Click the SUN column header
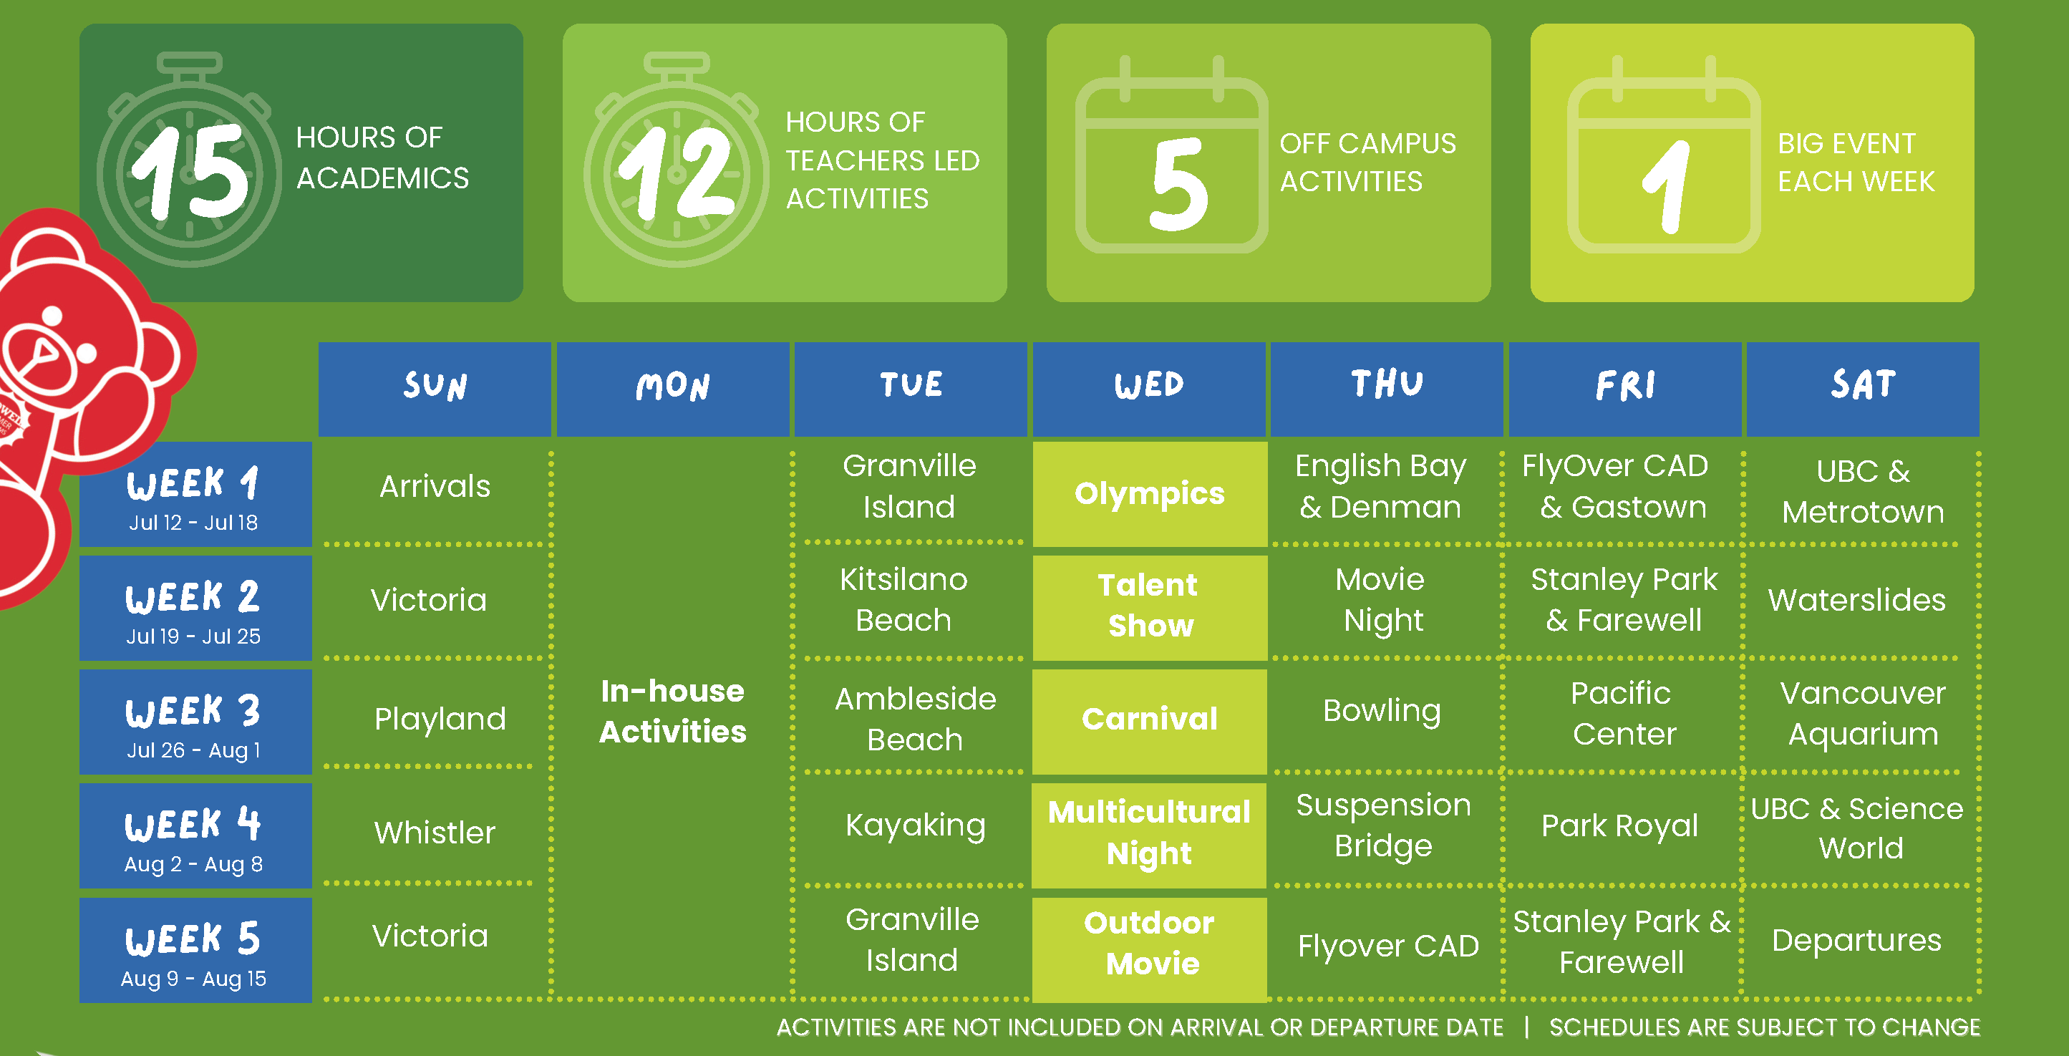(435, 389)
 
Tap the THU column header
(1386, 389)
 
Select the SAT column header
(1863, 389)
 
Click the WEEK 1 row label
(195, 494)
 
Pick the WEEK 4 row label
(195, 835)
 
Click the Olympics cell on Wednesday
(1149, 494)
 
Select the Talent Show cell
(1149, 608)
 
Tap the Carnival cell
(1149, 721)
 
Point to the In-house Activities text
(673, 711)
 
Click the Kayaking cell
(916, 826)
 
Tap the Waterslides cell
(1857, 600)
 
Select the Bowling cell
(1382, 712)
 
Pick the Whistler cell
(435, 833)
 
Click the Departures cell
(1857, 940)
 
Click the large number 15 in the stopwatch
(190, 171)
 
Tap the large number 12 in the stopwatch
(677, 173)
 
